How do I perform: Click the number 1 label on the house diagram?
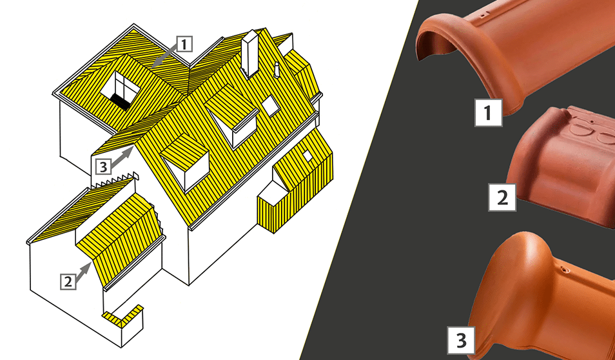click(x=184, y=44)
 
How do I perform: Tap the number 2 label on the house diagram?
click(x=68, y=281)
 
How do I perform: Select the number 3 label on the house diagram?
click(x=103, y=166)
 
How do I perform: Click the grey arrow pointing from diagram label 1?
click(x=164, y=55)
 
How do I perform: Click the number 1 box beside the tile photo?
click(x=488, y=113)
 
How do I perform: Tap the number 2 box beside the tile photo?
click(x=502, y=197)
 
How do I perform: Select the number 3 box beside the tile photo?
click(x=462, y=340)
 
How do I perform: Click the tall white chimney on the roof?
click(x=250, y=54)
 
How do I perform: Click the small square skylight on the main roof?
click(x=270, y=106)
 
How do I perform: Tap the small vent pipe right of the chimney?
click(x=277, y=68)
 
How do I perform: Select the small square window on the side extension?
click(x=307, y=156)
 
